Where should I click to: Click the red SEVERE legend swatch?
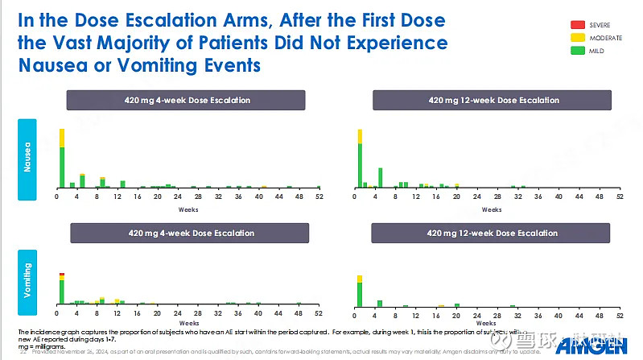[x=577, y=25]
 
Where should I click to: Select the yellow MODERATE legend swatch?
[x=577, y=38]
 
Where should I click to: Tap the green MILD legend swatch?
[x=577, y=51]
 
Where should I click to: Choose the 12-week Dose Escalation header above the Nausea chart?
[x=493, y=101]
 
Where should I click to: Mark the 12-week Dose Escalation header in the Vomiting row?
[x=493, y=234]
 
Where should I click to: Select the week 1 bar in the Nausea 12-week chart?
[x=361, y=161]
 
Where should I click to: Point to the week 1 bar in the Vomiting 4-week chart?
[x=62, y=290]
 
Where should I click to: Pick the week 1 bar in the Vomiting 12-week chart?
[x=360, y=292]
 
